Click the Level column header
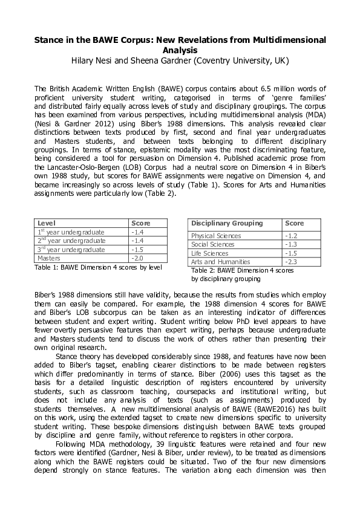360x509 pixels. (x=47, y=223)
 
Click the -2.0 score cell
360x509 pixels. (x=138, y=258)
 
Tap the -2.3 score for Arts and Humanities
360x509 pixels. (x=292, y=262)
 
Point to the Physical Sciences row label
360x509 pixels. (x=215, y=236)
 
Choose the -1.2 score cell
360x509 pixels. (x=292, y=236)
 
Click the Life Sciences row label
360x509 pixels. (x=209, y=253)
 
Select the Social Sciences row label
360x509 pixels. (x=212, y=244)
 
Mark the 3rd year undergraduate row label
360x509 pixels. (x=71, y=250)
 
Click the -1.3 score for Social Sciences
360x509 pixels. (x=292, y=244)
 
